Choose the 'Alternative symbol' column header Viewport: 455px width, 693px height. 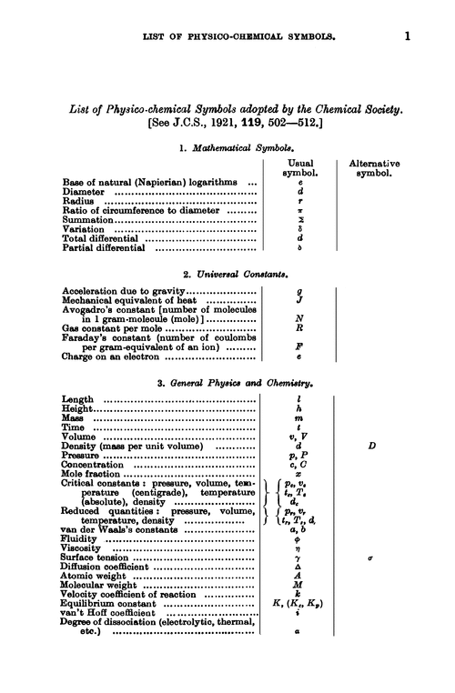tap(374, 167)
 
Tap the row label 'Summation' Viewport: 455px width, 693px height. tap(87, 220)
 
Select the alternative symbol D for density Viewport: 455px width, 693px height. tap(372, 446)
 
